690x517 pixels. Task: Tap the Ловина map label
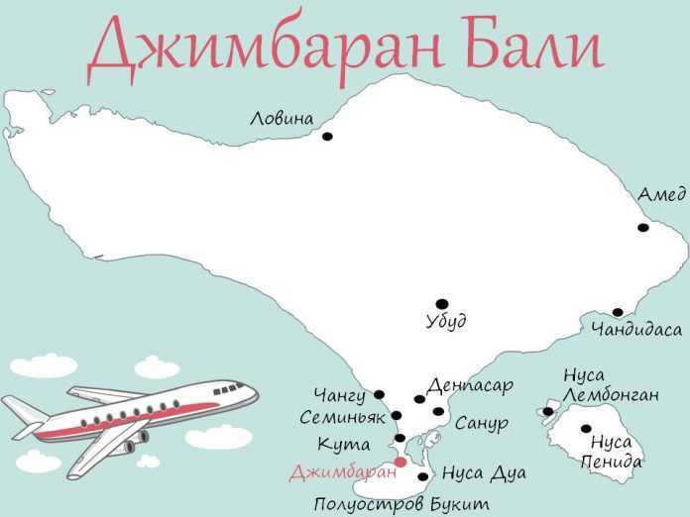[282, 119]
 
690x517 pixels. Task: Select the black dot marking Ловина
[327, 137]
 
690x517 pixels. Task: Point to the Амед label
[661, 195]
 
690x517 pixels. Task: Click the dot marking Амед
[642, 228]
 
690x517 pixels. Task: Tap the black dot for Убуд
[441, 304]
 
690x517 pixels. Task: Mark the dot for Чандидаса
[618, 313]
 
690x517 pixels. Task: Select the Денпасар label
[470, 384]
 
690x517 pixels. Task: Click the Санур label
[482, 424]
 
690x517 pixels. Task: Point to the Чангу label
[339, 397]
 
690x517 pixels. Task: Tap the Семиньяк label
[342, 418]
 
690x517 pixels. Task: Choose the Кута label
[344, 444]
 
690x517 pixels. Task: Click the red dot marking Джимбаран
[401, 462]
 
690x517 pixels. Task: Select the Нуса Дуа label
[484, 473]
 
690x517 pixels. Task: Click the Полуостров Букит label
[402, 504]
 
